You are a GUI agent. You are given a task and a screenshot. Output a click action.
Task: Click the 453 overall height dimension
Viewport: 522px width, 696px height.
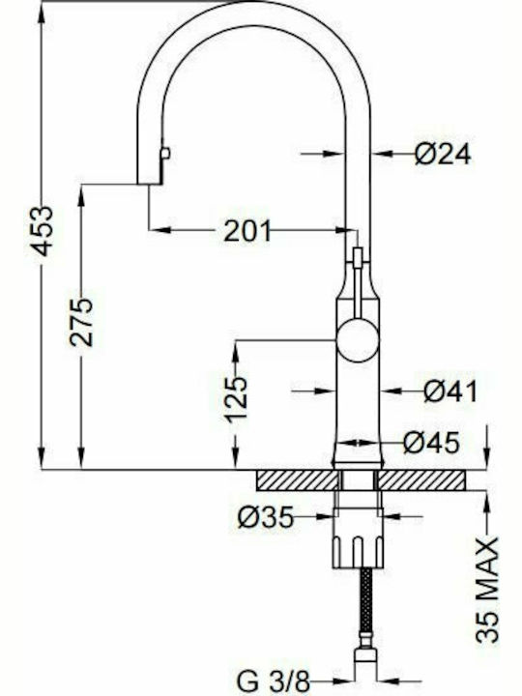pos(43,231)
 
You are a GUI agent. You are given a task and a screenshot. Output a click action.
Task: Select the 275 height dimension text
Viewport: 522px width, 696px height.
pos(81,322)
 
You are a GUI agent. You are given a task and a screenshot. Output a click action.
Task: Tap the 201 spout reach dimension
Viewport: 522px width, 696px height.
pos(246,231)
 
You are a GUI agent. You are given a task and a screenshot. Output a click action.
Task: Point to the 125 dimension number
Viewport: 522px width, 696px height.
pos(236,399)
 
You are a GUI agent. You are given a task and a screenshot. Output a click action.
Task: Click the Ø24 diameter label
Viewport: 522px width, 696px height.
pos(443,154)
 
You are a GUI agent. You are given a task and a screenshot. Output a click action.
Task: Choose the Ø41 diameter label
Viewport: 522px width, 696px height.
pos(450,391)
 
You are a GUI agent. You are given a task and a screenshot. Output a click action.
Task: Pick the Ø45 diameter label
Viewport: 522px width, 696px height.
pos(431,443)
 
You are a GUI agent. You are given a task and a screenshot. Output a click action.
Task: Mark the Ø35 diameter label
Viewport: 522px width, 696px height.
pos(266,517)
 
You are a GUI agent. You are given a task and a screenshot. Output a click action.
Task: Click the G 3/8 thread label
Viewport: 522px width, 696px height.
pos(273,681)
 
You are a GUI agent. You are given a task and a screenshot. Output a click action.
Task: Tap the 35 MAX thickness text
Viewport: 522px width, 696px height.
pos(487,590)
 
